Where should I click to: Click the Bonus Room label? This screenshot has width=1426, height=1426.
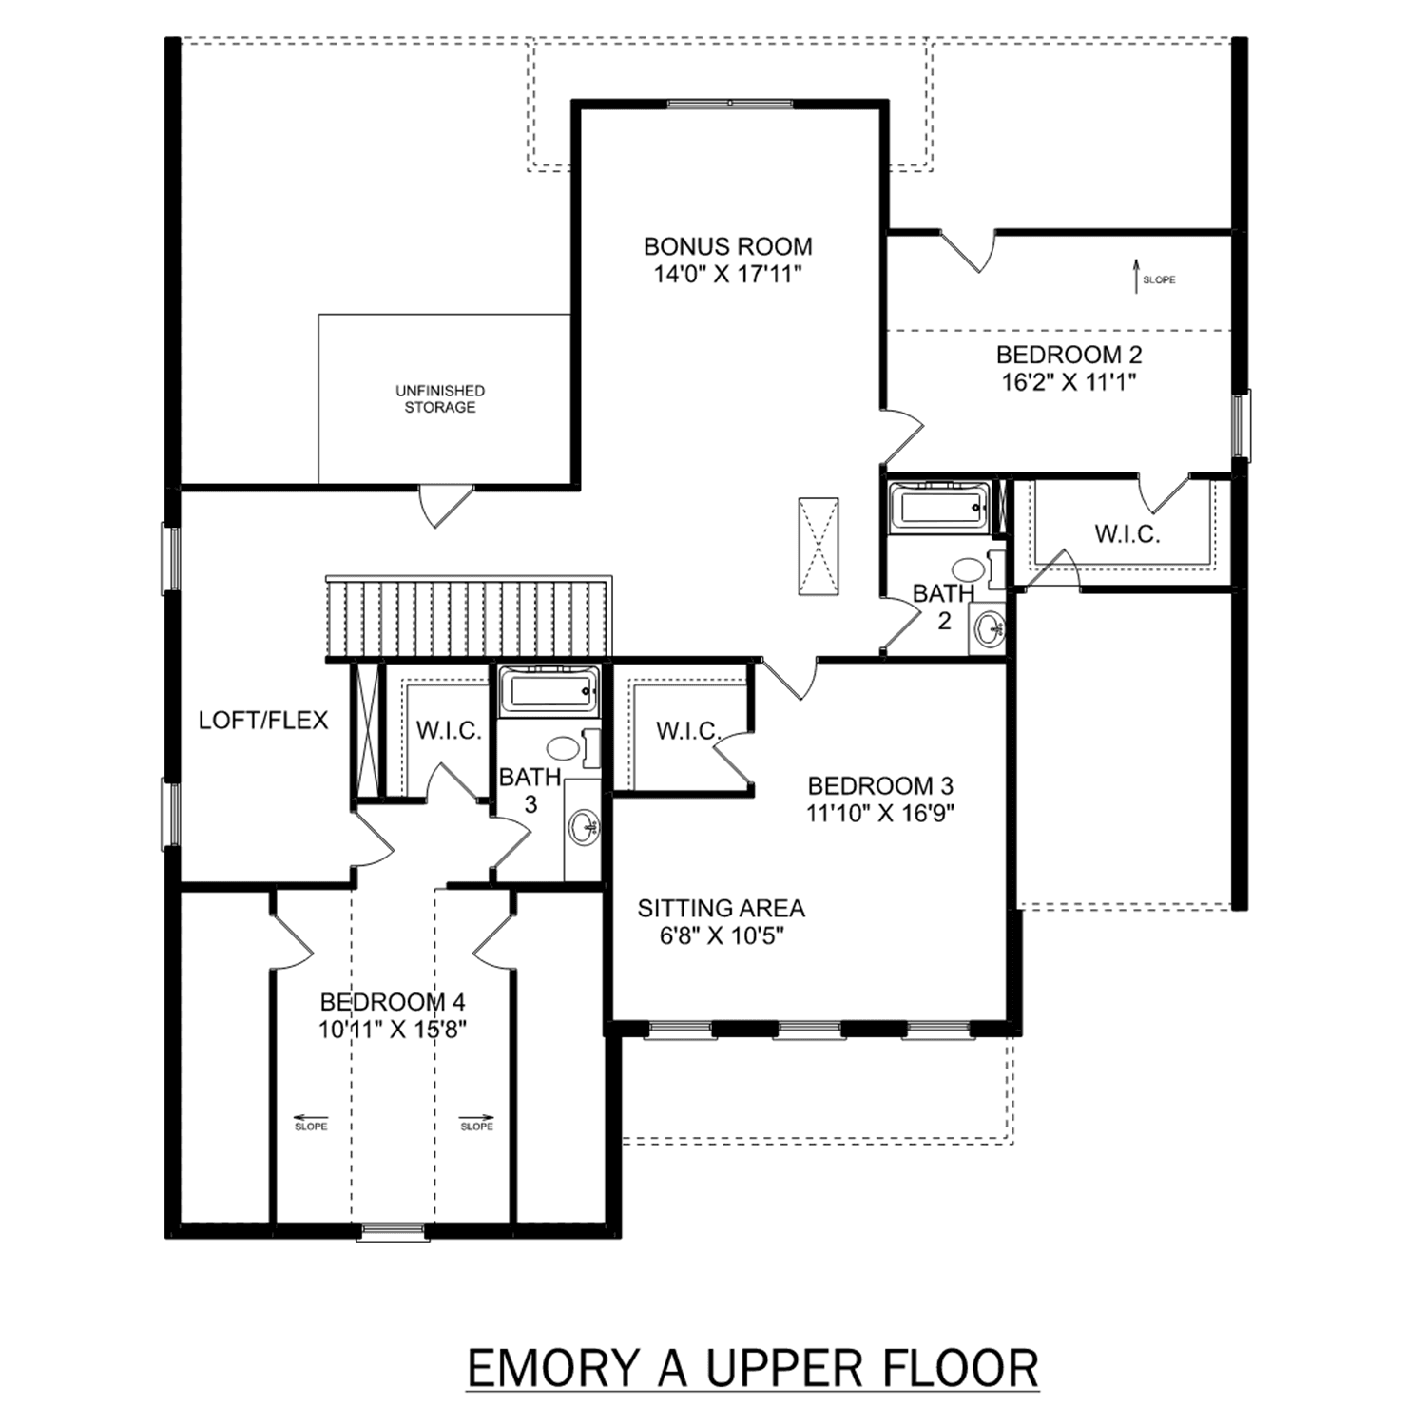pyautogui.click(x=728, y=246)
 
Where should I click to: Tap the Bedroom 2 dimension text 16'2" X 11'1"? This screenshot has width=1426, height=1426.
pyautogui.click(x=1069, y=382)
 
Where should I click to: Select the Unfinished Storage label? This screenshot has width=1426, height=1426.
pyautogui.click(x=440, y=398)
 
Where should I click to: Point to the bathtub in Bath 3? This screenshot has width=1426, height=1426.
pyautogui.click(x=549, y=690)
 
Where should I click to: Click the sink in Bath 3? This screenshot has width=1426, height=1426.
pyautogui.click(x=584, y=828)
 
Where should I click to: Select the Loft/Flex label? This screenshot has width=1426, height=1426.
pyautogui.click(x=263, y=721)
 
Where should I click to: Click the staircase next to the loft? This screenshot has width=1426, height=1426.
pyautogui.click(x=468, y=618)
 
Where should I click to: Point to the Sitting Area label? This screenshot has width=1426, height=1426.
pyautogui.click(x=721, y=909)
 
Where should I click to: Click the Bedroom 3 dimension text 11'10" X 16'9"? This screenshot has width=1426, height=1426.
pyautogui.click(x=880, y=814)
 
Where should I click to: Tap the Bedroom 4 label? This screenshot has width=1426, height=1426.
pyautogui.click(x=393, y=1002)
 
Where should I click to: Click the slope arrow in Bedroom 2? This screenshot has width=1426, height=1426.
pyautogui.click(x=1135, y=277)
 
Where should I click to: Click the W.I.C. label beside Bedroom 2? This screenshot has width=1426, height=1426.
pyautogui.click(x=1127, y=534)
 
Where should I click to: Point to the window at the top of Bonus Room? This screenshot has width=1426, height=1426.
pyautogui.click(x=729, y=104)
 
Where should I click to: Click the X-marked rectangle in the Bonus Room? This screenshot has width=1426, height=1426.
pyautogui.click(x=818, y=546)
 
